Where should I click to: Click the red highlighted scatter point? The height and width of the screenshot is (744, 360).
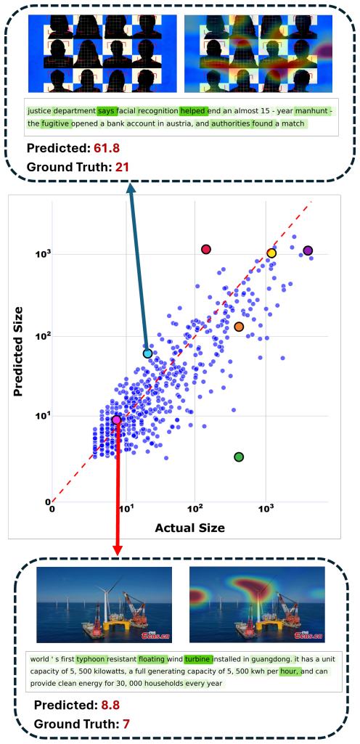point(206,249)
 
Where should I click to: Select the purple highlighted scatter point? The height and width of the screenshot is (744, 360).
point(308,250)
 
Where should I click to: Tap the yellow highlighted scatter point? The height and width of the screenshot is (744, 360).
point(271,253)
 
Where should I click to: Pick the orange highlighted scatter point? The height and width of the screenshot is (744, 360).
point(239,327)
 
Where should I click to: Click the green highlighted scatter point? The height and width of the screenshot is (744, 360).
point(239,457)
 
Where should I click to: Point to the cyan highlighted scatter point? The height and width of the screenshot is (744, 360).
point(147,353)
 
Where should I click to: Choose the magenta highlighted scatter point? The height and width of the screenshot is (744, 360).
point(117,420)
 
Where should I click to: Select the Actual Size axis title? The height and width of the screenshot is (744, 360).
point(189,528)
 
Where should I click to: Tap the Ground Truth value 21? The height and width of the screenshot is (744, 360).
point(122,167)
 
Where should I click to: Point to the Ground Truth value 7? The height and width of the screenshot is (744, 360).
point(126,724)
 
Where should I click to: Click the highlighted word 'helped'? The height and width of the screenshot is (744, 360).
point(194,112)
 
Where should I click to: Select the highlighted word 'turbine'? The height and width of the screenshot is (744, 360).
point(198,659)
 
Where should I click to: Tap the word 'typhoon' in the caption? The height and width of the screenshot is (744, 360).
point(91,659)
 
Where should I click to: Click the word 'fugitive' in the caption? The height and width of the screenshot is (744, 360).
point(56,124)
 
